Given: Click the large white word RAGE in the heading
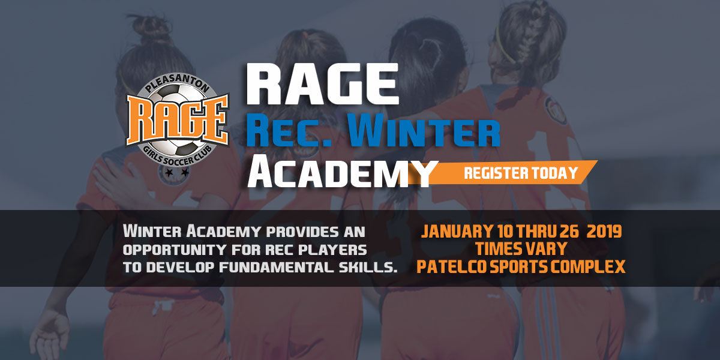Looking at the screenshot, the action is coord(323,84).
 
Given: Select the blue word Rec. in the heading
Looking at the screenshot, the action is coord(289,131).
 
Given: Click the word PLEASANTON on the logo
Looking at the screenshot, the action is coord(178,84).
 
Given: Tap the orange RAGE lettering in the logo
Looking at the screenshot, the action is coord(178,119).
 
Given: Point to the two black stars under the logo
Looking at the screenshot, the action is coord(176,173).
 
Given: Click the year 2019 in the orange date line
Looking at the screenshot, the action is coord(604,232).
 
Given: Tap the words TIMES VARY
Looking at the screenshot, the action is coord(521,249).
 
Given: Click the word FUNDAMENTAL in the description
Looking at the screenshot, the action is coord(277,268).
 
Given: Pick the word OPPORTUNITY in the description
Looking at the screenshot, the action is coord(174,250).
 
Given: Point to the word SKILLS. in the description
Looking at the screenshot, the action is coord(368,268).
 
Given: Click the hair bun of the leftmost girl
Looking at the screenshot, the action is coord(151,28).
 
